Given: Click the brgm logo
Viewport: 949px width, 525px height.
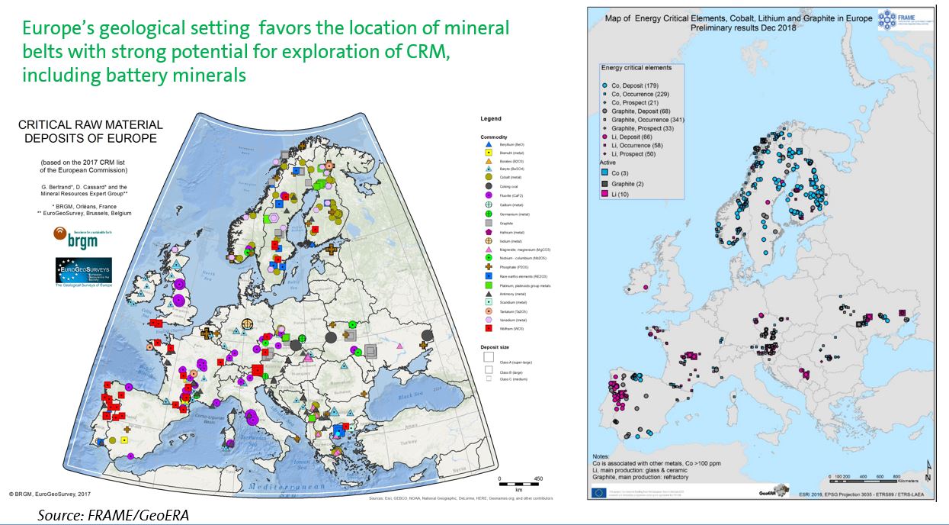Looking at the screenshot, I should pos(76,236).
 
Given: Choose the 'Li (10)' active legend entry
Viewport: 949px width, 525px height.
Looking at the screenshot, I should pos(614,197).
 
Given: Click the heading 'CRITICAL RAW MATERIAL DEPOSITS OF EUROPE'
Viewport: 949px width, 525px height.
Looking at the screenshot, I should pos(90,131).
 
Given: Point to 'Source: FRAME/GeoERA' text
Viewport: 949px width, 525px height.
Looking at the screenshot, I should pos(113,516).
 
